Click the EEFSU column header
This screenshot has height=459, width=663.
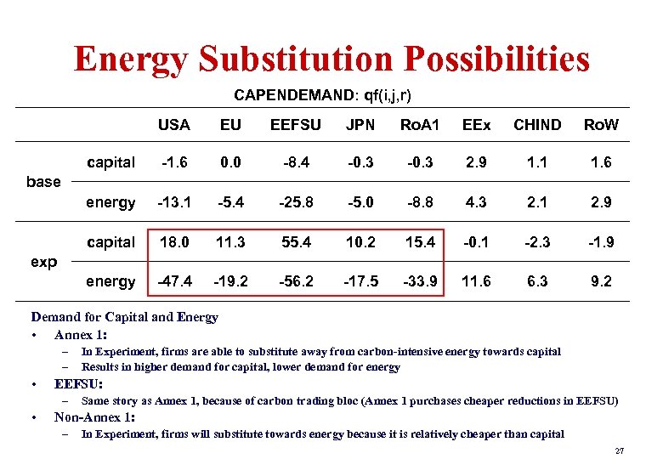[x=295, y=125]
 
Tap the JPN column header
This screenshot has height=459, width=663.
[x=360, y=125]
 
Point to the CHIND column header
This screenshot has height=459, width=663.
[x=537, y=125]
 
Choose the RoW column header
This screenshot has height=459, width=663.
[x=601, y=125]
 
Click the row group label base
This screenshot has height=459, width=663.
[x=43, y=181]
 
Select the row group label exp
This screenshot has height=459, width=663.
[x=43, y=261]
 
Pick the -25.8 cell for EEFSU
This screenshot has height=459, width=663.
[x=295, y=202]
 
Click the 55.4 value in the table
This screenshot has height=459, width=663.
[x=295, y=242]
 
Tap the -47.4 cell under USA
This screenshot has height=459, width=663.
[x=174, y=280]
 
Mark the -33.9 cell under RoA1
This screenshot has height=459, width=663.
[x=420, y=280]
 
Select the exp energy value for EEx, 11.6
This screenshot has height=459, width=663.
[x=476, y=280]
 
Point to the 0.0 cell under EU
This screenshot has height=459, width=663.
[x=230, y=162]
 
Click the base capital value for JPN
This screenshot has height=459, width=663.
[x=360, y=162]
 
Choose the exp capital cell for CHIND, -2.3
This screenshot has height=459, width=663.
[x=537, y=242]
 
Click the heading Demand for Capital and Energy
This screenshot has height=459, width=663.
[x=125, y=317]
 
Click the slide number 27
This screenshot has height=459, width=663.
[x=619, y=450]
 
